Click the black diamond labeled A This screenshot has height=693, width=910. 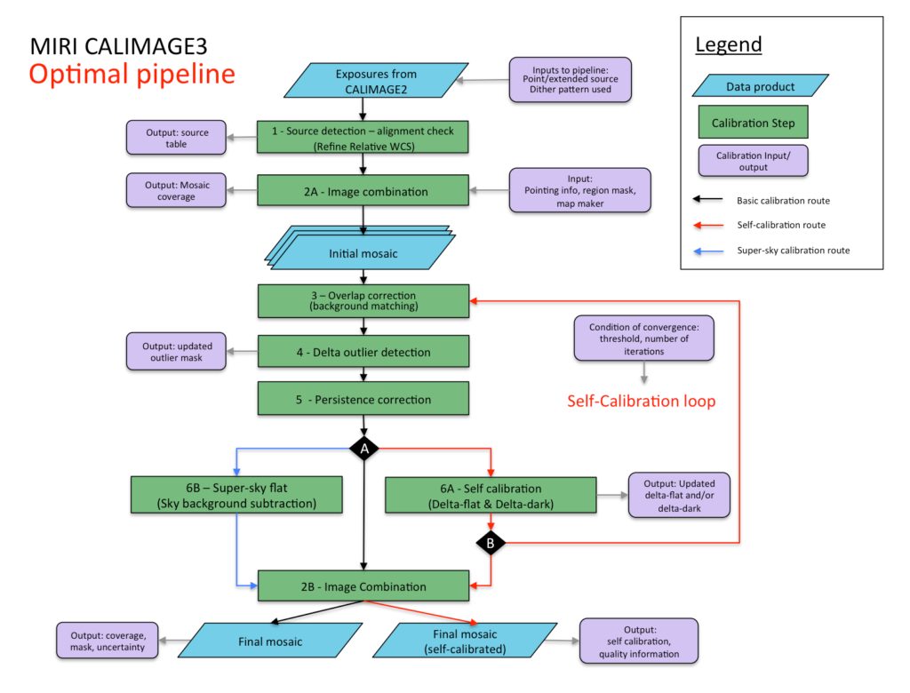(363, 449)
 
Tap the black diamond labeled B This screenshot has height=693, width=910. (491, 543)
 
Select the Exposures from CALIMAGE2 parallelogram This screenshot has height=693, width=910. (376, 81)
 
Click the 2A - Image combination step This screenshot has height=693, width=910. (363, 191)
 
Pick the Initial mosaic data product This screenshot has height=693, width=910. (363, 249)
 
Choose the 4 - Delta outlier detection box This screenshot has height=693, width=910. (363, 352)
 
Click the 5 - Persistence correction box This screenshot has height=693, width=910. (363, 399)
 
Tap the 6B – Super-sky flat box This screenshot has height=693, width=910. (236, 495)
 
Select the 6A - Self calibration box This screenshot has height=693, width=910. (491, 495)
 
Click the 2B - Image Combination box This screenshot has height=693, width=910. (363, 585)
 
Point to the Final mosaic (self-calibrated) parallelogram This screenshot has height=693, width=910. (465, 641)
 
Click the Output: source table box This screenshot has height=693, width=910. (176, 138)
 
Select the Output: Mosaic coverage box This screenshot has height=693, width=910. (176, 190)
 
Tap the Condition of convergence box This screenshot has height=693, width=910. (643, 339)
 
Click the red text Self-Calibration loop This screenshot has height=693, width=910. (642, 401)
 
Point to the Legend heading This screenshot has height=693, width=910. (729, 44)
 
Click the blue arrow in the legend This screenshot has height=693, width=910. (708, 251)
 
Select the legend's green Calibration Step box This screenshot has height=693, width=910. (754, 122)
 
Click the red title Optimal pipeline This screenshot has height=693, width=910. (132, 75)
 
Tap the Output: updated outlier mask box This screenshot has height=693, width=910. (176, 352)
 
